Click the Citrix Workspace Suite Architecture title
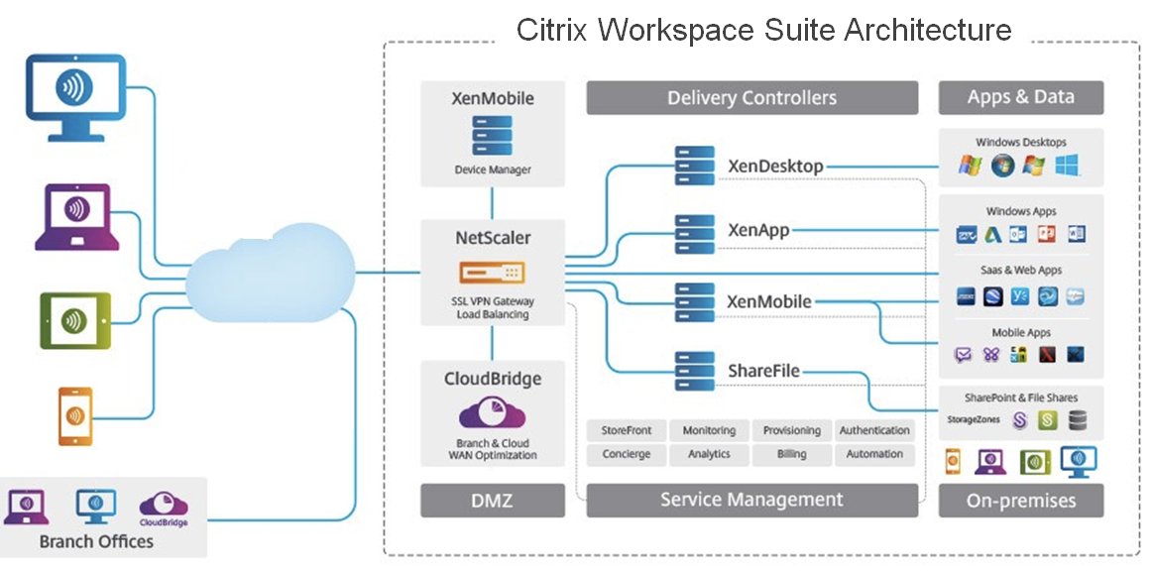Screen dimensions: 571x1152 pyautogui.click(x=763, y=30)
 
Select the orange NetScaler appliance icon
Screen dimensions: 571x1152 pyautogui.click(x=492, y=272)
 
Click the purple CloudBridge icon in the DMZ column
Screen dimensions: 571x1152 pyautogui.click(x=492, y=412)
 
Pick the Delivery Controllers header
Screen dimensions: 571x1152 pyautogui.click(x=751, y=98)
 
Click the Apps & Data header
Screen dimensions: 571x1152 pyautogui.click(x=1020, y=98)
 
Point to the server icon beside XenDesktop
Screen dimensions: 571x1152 pyautogui.click(x=695, y=165)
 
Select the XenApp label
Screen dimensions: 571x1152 pyautogui.click(x=758, y=231)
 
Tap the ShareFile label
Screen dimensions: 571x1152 pyautogui.click(x=763, y=371)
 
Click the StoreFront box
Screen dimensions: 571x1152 pyautogui.click(x=627, y=430)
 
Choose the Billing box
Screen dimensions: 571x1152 pyautogui.click(x=791, y=454)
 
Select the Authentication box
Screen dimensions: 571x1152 pyautogui.click(x=874, y=430)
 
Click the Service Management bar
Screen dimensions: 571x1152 pyautogui.click(x=751, y=500)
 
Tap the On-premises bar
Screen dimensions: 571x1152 pyautogui.click(x=1020, y=501)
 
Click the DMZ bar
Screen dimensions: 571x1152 pyautogui.click(x=492, y=500)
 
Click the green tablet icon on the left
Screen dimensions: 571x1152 pyautogui.click(x=73, y=321)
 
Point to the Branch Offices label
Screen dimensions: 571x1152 pyautogui.click(x=96, y=541)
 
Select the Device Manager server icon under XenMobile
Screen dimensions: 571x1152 pyautogui.click(x=492, y=136)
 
